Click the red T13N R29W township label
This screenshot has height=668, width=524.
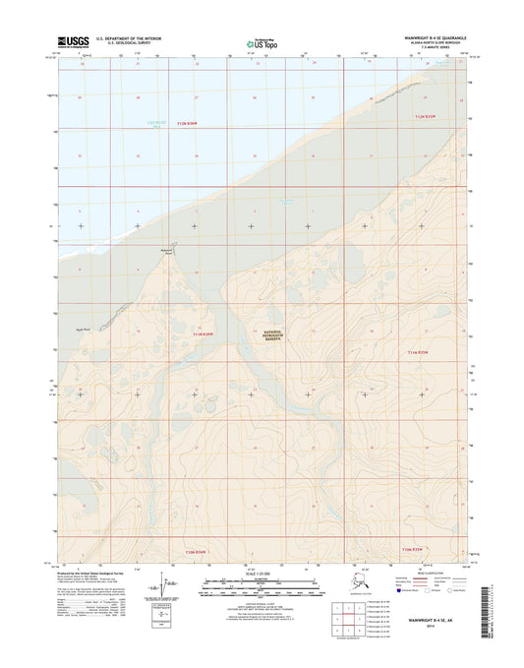coord(420,351)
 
